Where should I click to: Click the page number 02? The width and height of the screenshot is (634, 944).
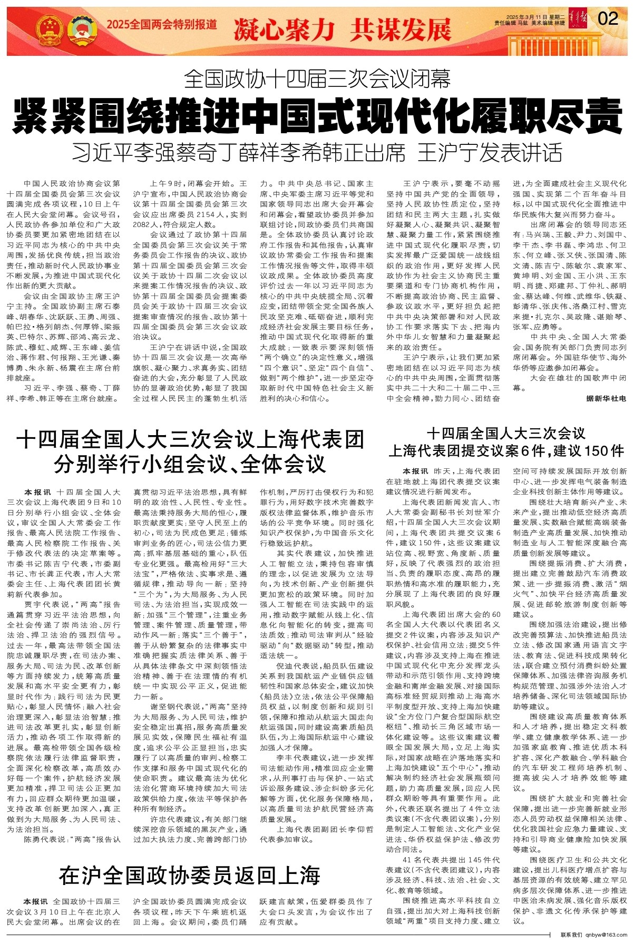pyautogui.click(x=608, y=19)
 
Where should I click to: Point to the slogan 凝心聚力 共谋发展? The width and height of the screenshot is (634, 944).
pyautogui.click(x=342, y=29)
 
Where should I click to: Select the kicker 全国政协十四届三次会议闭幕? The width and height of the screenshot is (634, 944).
pyautogui.click(x=317, y=80)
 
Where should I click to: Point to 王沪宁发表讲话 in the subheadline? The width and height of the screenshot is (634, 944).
pyautogui.click(x=490, y=153)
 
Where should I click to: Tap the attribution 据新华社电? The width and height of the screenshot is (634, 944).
pyautogui.click(x=606, y=399)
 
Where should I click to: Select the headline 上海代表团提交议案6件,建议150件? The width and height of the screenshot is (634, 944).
pyautogui.click(x=506, y=451)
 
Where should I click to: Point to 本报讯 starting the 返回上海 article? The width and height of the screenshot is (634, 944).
pyautogui.click(x=35, y=901)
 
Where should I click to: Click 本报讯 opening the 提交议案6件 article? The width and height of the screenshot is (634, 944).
pyautogui.click(x=415, y=471)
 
